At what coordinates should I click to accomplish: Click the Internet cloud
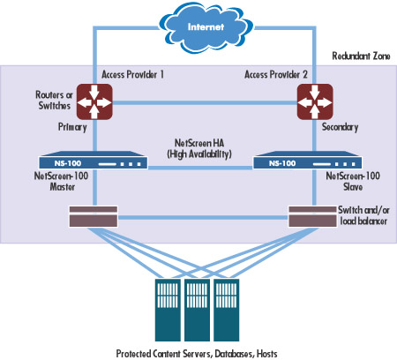pyautogui.click(x=206, y=28)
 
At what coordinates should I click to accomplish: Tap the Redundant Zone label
pyautogui.click(x=361, y=56)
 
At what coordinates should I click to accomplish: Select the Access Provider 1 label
pyautogui.click(x=132, y=74)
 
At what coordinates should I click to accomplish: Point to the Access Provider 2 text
pyautogui.click(x=276, y=74)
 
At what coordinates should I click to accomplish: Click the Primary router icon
pyautogui.click(x=94, y=101)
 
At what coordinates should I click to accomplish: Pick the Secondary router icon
pyautogui.click(x=315, y=101)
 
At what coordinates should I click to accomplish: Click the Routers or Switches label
pyautogui.click(x=54, y=101)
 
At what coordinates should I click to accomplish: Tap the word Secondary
pyautogui.click(x=340, y=127)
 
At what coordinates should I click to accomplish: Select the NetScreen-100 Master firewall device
pyautogui.click(x=94, y=161)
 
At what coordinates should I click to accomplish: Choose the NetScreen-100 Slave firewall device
pyautogui.click(x=308, y=161)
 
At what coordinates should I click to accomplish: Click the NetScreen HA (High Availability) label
pyautogui.click(x=199, y=148)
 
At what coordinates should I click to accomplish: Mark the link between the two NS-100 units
pyautogui.click(x=200, y=168)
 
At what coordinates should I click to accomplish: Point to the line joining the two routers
pyautogui.click(x=205, y=103)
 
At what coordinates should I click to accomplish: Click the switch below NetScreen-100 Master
pyautogui.click(x=94, y=216)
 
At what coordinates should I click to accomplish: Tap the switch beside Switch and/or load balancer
pyautogui.click(x=312, y=216)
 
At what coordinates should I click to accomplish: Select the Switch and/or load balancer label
pyautogui.click(x=363, y=215)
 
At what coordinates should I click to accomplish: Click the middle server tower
pyautogui.click(x=197, y=310)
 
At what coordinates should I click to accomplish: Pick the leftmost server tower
pyautogui.click(x=168, y=310)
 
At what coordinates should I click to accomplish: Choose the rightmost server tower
pyautogui.click(x=227, y=310)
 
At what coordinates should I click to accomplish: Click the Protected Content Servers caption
pyautogui.click(x=197, y=353)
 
